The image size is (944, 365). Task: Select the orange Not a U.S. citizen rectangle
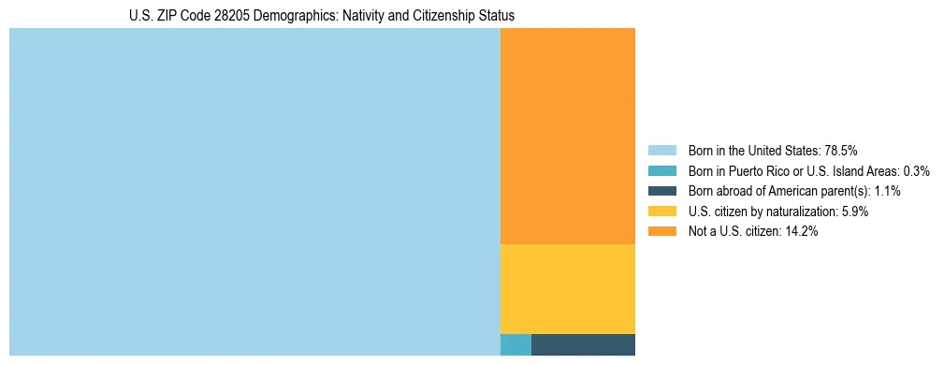click(x=568, y=136)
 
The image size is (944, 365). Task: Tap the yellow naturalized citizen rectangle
click(x=568, y=288)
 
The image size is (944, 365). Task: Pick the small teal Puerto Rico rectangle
click(x=516, y=344)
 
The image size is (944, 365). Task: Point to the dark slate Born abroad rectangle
click(x=583, y=344)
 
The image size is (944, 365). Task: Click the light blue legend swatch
click(x=661, y=151)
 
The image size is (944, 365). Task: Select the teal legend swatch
click(x=661, y=171)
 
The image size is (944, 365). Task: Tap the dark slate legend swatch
click(x=661, y=191)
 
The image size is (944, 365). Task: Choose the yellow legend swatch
click(x=661, y=212)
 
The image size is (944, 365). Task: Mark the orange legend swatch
click(x=661, y=231)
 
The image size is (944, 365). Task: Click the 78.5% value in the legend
click(x=841, y=151)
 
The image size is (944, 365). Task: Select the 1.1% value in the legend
click(x=887, y=191)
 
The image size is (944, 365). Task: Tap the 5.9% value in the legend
click(x=854, y=212)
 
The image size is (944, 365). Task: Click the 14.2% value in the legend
click(x=802, y=231)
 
